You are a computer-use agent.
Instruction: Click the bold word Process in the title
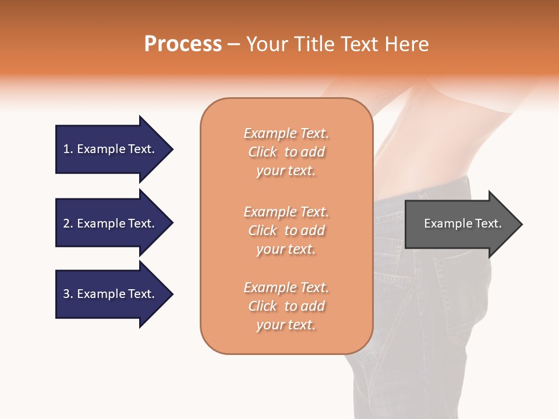tap(183, 44)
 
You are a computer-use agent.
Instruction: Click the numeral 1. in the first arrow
tap(68, 149)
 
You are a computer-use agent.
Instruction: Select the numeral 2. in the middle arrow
tap(68, 223)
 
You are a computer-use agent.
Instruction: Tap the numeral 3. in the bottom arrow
tap(68, 294)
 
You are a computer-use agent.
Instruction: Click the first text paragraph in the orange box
tap(286, 152)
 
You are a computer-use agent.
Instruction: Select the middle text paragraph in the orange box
tap(286, 230)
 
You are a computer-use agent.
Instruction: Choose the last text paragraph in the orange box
tap(286, 306)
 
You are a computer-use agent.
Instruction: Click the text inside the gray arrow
tap(462, 223)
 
